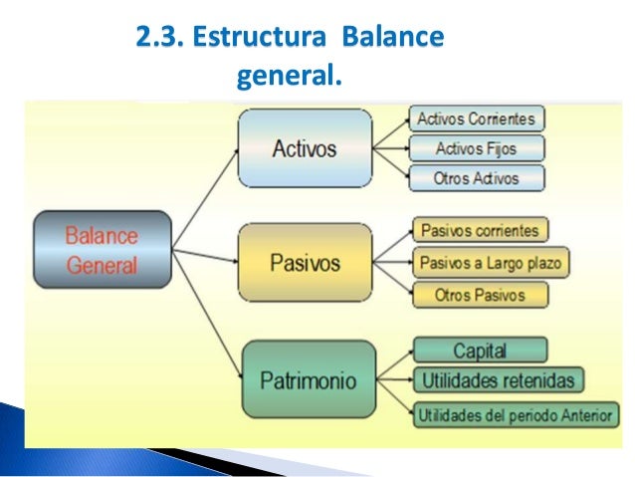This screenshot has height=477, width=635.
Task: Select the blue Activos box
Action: [x=305, y=149]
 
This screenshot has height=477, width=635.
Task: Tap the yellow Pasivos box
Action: [x=305, y=264]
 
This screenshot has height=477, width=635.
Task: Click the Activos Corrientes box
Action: [x=477, y=119]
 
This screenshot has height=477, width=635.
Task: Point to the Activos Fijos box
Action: [x=477, y=149]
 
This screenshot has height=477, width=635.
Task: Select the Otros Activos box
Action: [x=477, y=179]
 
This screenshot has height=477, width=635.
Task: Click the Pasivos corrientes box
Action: [x=480, y=231]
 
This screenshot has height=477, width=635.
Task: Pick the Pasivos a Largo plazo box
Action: [x=491, y=263]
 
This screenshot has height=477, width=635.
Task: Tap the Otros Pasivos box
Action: [x=480, y=295]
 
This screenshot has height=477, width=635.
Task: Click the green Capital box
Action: [x=480, y=351]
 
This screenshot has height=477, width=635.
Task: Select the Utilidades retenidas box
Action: [x=499, y=380]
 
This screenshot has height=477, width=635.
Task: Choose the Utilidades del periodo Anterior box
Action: [x=517, y=413]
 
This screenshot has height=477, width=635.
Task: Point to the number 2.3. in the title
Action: [x=160, y=40]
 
